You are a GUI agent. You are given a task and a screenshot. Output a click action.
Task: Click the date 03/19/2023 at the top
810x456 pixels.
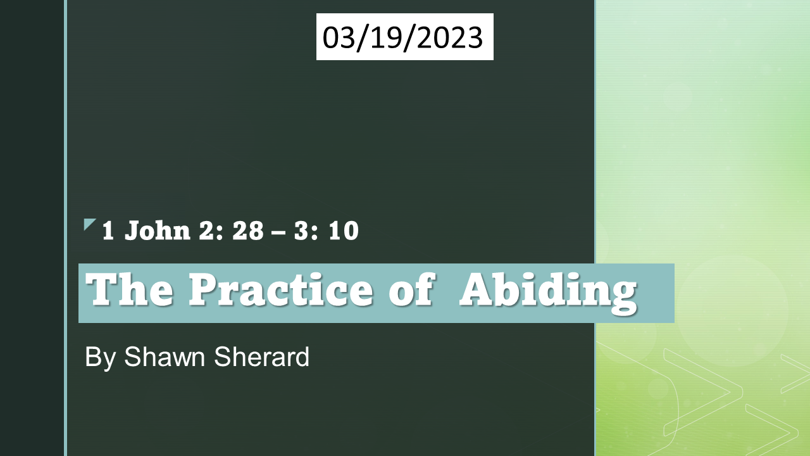coord(404,37)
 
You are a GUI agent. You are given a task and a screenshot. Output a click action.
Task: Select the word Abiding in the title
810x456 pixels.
coord(547,291)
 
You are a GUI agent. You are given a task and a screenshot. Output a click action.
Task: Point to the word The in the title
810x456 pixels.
coord(130,291)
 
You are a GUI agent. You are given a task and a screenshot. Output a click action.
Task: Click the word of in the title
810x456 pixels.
coord(411,291)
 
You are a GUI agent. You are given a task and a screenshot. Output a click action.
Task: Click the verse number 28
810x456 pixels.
coord(248,231)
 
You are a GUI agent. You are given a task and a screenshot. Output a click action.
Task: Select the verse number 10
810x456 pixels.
coord(344,231)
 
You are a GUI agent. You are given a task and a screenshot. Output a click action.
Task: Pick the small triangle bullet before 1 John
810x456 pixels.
coord(89,224)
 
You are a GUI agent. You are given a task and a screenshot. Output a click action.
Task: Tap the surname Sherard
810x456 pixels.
coord(262,357)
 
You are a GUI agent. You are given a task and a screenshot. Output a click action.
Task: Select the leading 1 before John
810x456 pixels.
coord(108,231)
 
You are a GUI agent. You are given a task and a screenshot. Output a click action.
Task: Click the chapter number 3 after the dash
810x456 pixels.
coord(301,231)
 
